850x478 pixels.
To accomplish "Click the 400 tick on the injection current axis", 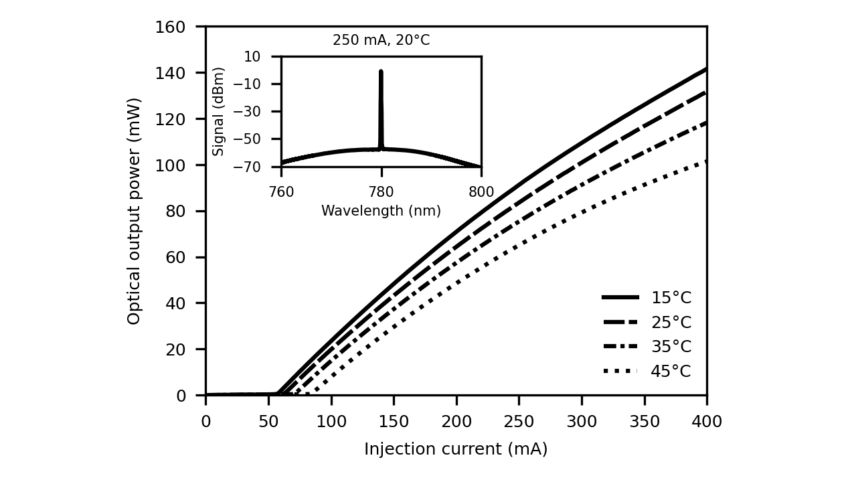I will click(707, 421).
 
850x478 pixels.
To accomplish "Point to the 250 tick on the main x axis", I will click(519, 421).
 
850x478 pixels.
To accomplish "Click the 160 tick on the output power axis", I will click(170, 27).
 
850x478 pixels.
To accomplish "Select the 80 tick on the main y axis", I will click(175, 212).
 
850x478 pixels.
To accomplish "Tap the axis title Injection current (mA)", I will click(456, 449).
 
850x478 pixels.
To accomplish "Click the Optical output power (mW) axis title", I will click(134, 211).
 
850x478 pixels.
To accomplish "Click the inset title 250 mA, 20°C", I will click(381, 41).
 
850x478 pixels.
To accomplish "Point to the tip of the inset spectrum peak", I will click(381, 70).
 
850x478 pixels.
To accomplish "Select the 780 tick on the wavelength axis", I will click(381, 192).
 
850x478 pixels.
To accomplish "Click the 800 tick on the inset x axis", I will click(481, 192).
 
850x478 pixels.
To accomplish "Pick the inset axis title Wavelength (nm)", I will click(381, 211).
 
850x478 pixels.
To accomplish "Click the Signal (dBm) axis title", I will click(219, 111).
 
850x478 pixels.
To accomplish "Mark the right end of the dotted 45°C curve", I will click(706, 161).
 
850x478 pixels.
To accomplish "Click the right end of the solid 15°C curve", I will click(706, 68).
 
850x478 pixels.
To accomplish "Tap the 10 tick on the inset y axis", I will click(252, 56).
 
